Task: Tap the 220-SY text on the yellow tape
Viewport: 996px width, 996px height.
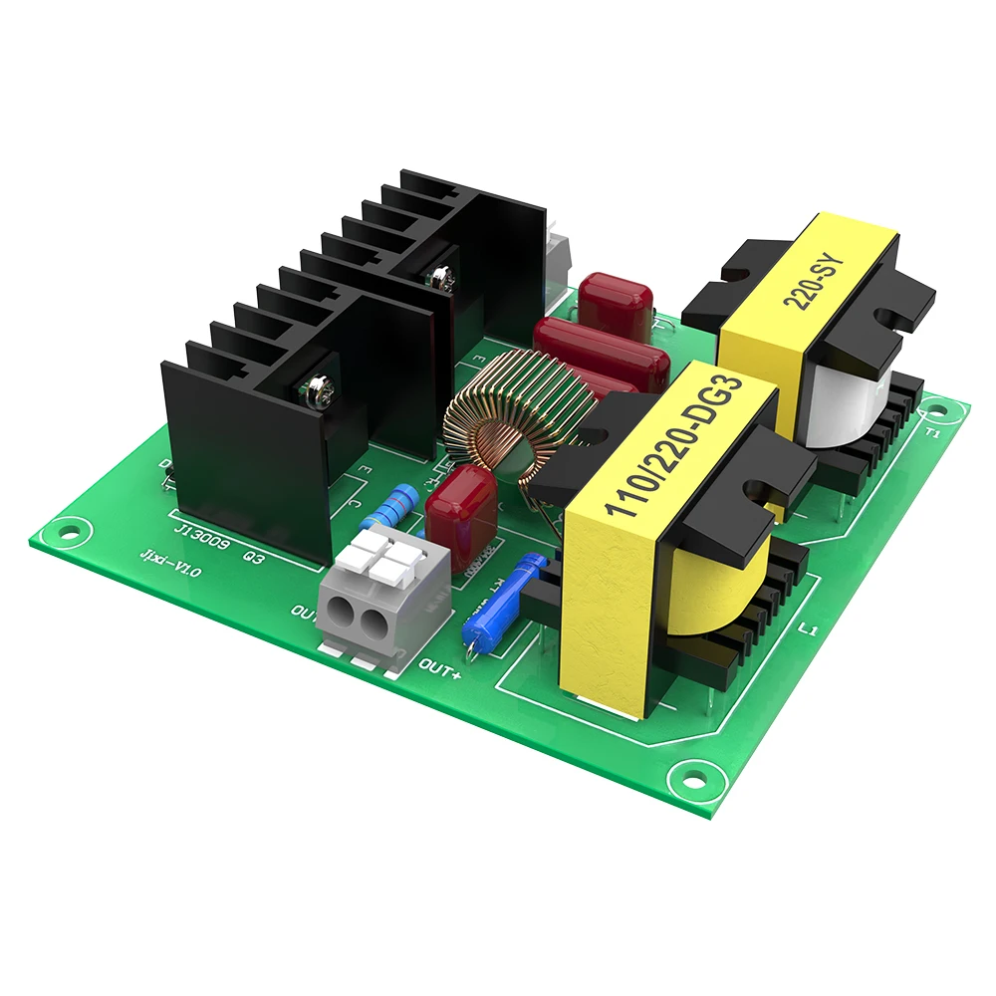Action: [x=819, y=283]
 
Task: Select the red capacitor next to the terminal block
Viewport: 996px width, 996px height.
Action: [x=459, y=519]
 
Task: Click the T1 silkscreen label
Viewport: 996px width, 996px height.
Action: [x=933, y=434]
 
